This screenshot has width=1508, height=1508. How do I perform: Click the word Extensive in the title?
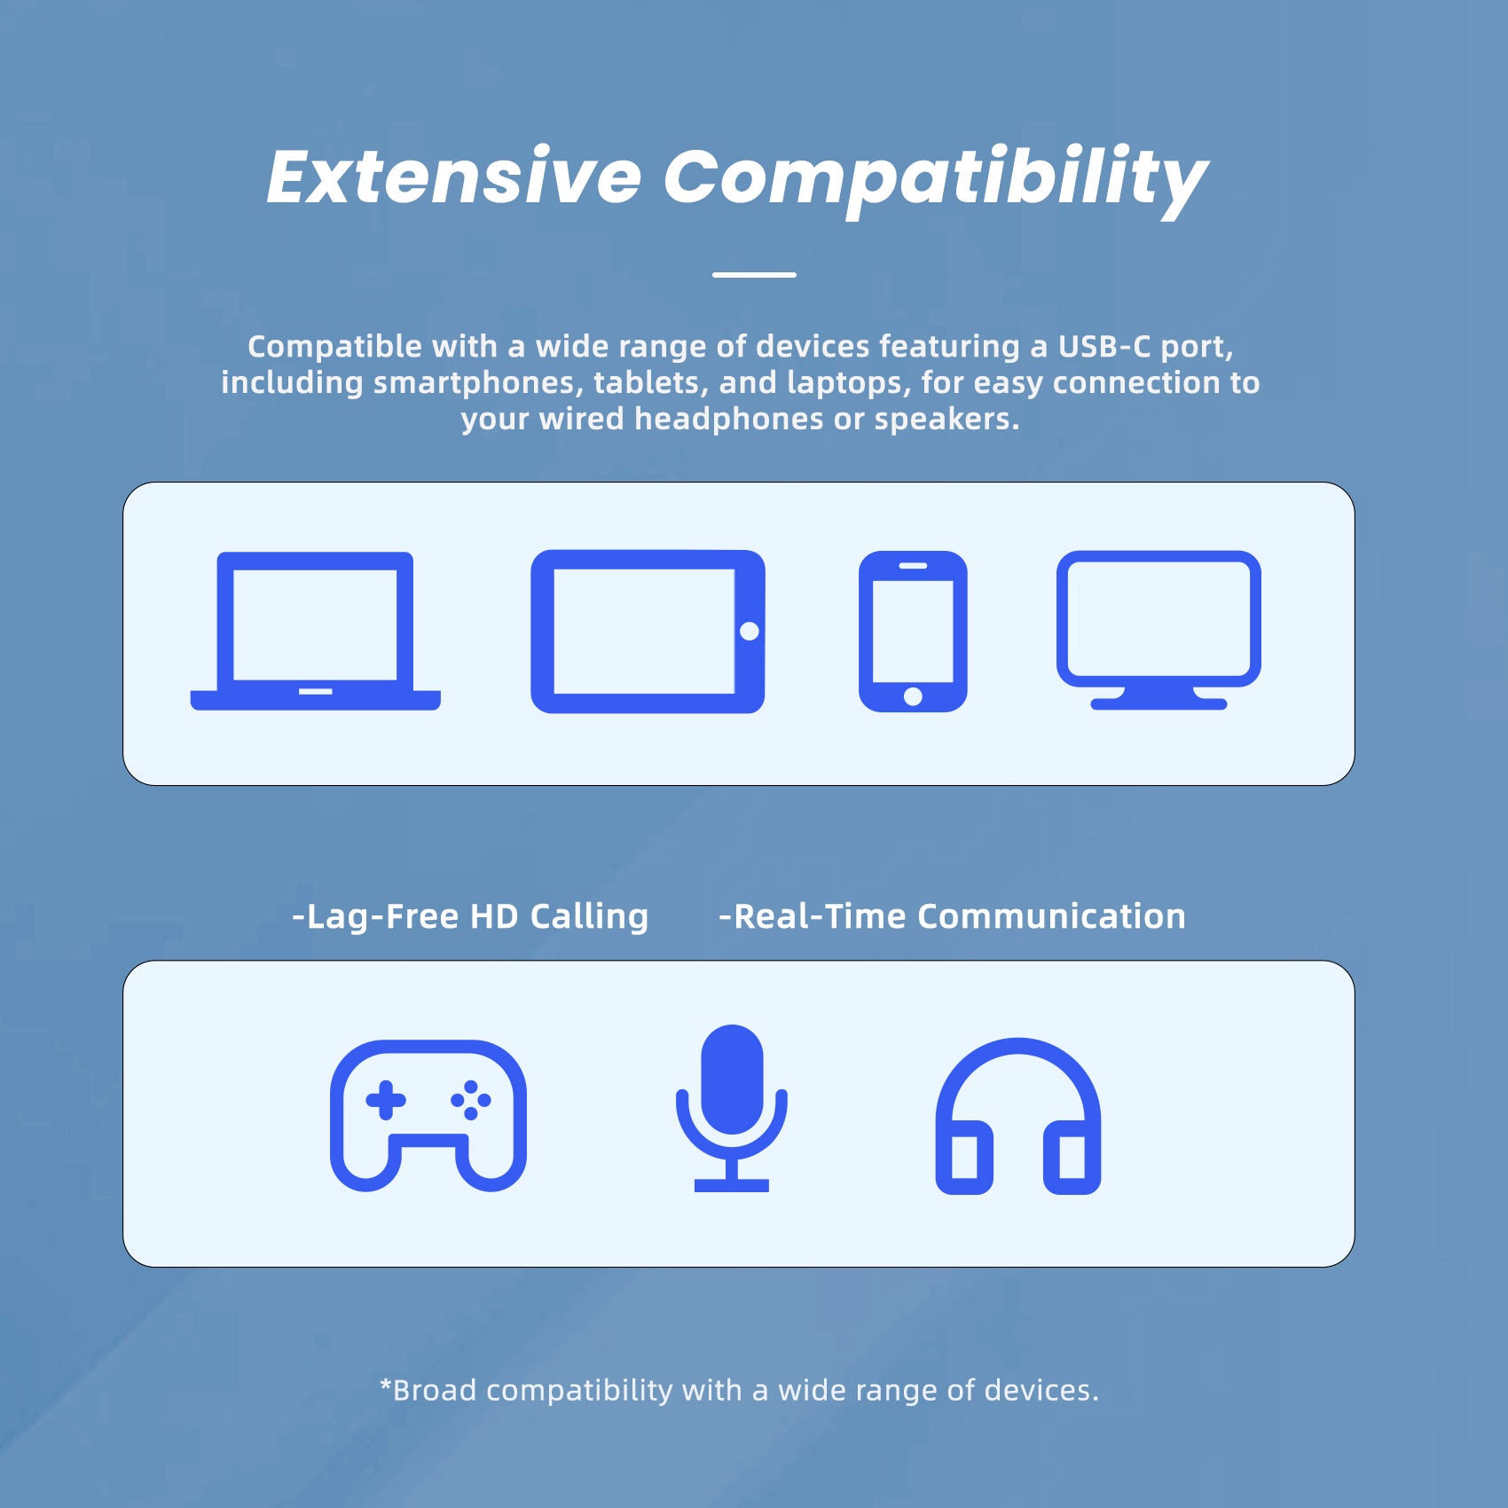click(454, 177)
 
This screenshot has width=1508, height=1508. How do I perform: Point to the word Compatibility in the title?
click(936, 181)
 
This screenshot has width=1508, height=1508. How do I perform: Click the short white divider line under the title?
click(754, 275)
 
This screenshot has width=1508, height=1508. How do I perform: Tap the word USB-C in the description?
click(1104, 346)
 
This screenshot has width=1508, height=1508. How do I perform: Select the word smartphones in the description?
click(478, 383)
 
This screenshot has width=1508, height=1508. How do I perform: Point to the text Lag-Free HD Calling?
click(470, 916)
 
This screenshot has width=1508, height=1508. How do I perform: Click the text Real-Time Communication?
click(952, 916)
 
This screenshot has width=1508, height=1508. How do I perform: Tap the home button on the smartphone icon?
click(913, 696)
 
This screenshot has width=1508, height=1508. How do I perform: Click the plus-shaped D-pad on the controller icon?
click(386, 1100)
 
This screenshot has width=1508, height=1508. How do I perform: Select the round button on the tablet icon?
click(750, 632)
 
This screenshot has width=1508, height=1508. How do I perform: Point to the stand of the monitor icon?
click(1158, 699)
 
